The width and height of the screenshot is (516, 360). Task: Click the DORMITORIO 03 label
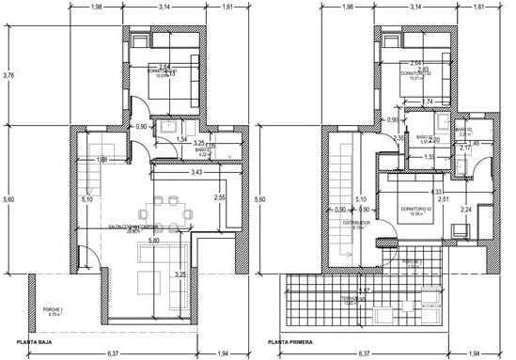414,208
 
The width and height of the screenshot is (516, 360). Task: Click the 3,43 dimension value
196,174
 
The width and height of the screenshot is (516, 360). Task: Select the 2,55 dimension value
219,197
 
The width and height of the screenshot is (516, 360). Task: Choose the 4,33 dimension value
410,192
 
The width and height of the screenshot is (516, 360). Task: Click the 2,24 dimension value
466,211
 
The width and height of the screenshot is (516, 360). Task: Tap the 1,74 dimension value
427,102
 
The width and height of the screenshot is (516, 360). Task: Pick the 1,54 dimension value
182,139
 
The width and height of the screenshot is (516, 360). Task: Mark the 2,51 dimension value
442,199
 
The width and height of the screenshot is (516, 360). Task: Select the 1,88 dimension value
101,161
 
